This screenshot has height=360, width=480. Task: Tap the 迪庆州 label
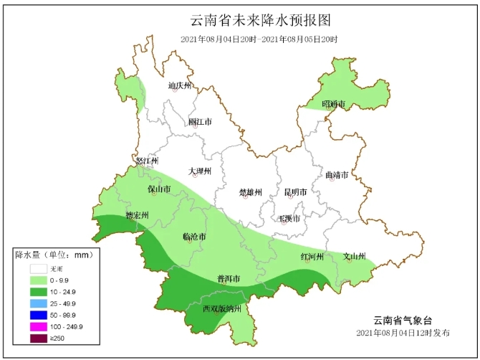coord(180,86)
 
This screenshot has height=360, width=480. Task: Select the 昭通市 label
coord(333,105)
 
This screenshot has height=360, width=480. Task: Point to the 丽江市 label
coord(200,122)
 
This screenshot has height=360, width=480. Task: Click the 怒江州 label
coord(146,161)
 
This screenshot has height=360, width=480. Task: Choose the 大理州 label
coord(200,171)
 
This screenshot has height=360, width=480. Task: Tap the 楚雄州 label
coord(250,192)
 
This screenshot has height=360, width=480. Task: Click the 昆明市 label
coord(295,192)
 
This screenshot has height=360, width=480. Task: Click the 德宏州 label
coord(137,215)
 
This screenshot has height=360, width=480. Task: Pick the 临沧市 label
coord(195,237)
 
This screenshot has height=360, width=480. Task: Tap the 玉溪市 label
coord(289,217)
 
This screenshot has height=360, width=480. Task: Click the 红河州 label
coord(312,257)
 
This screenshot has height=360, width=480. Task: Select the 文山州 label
coord(354,256)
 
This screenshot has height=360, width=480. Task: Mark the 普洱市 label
coord(228,278)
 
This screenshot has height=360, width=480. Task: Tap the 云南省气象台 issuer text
coord(403,321)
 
